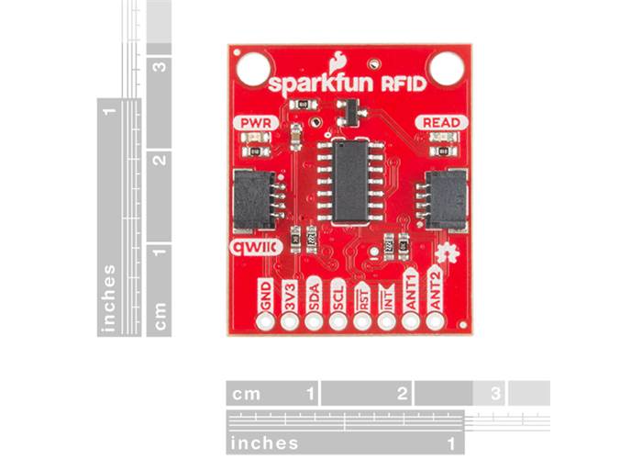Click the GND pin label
(267, 296)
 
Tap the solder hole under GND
(267, 322)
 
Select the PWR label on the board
(253, 123)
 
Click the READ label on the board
(442, 122)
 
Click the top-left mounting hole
(251, 67)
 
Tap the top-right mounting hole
(448, 66)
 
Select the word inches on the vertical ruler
(110, 297)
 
